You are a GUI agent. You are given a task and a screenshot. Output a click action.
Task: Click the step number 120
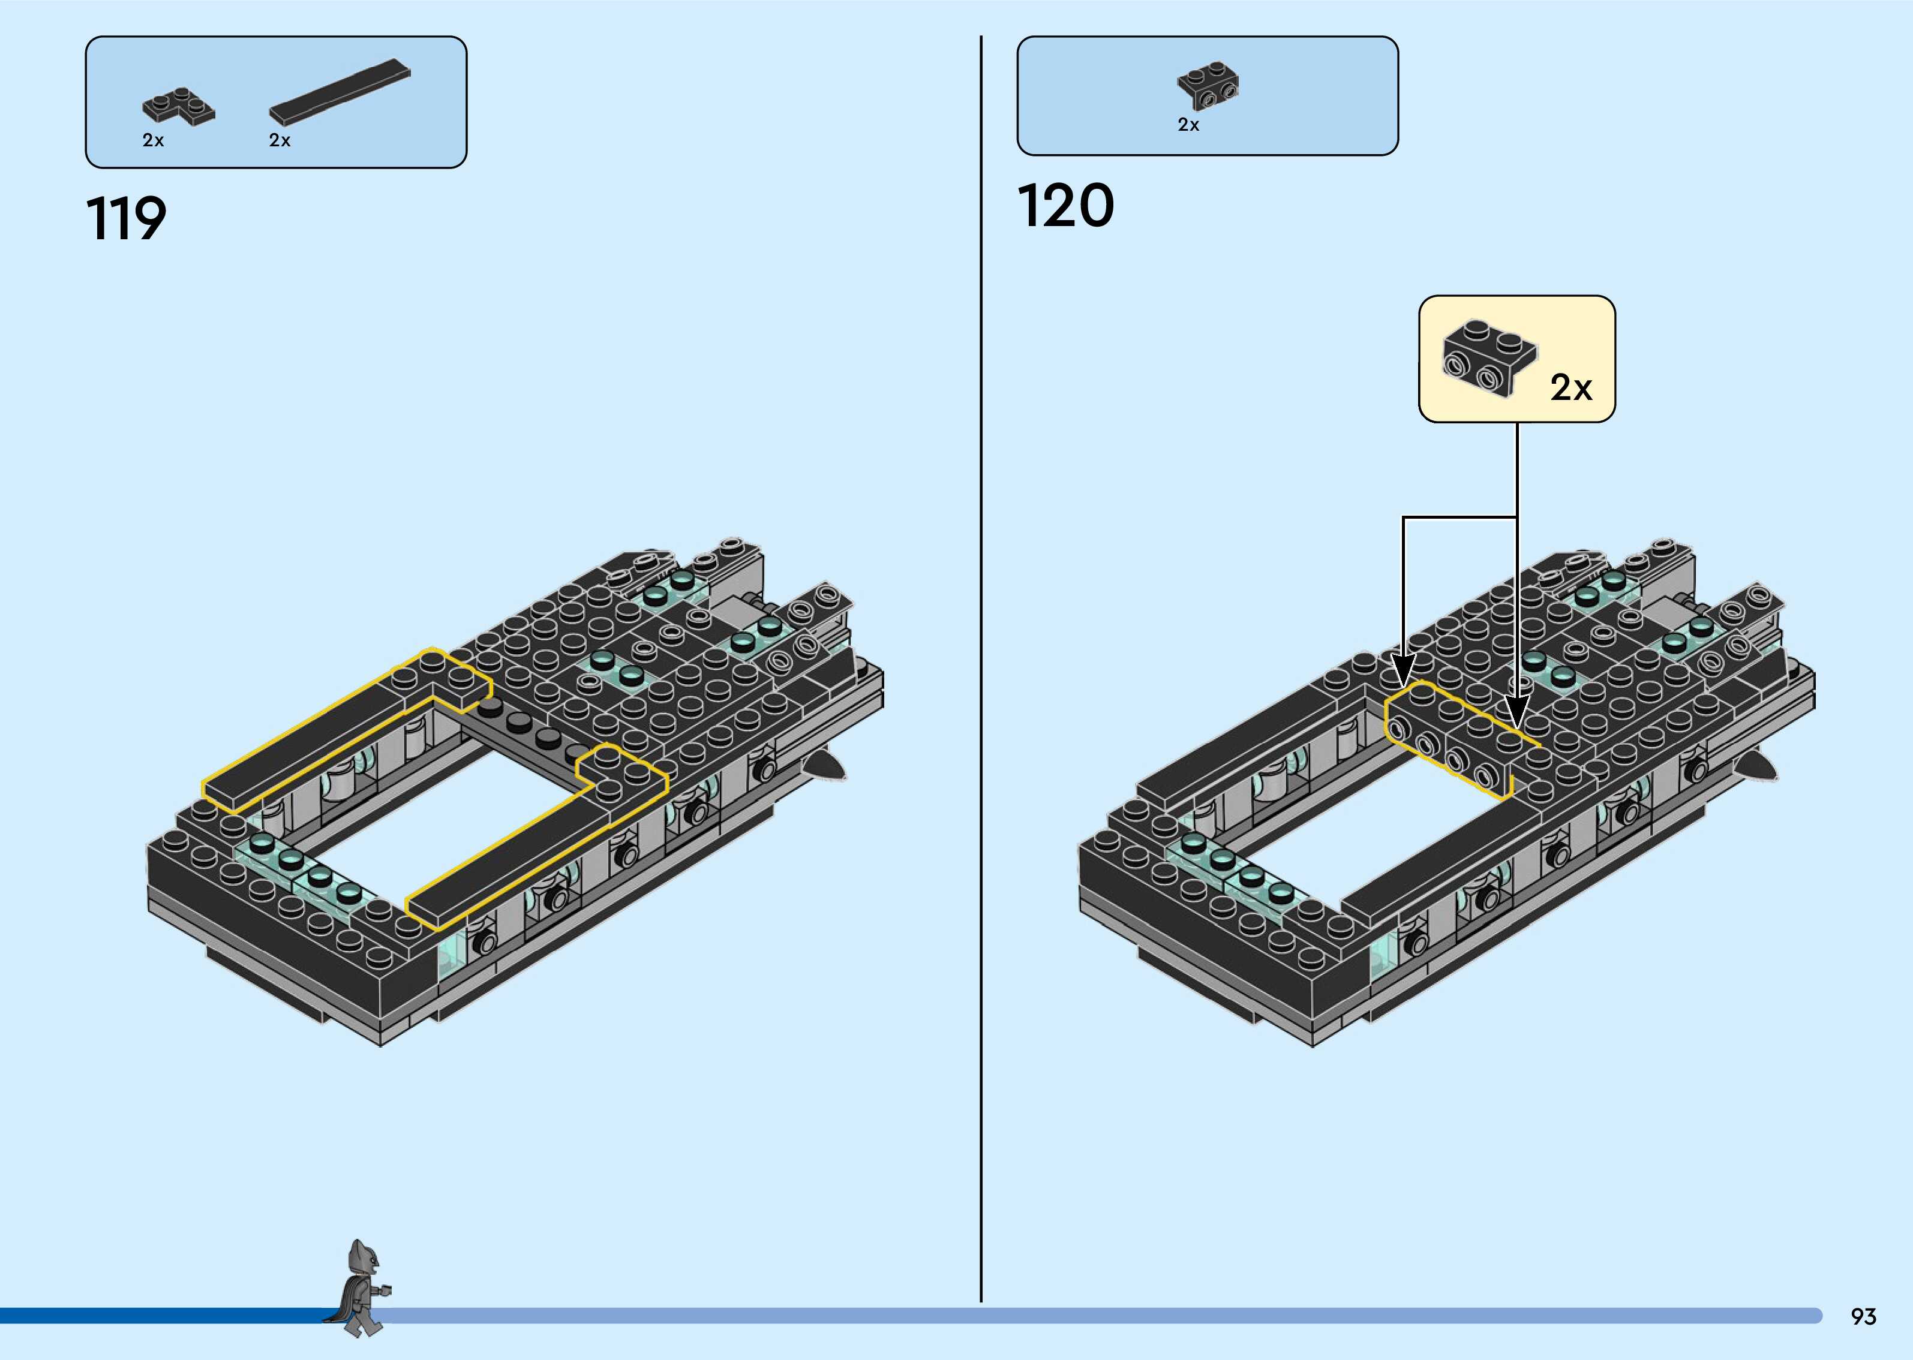1065,206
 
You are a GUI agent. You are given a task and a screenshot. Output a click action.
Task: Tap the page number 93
1863,1316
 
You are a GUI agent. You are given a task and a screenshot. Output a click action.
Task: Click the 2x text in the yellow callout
1570,387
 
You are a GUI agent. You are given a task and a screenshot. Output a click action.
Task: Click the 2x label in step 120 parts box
1188,125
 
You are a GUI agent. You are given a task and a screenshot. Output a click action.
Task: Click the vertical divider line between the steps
981,670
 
